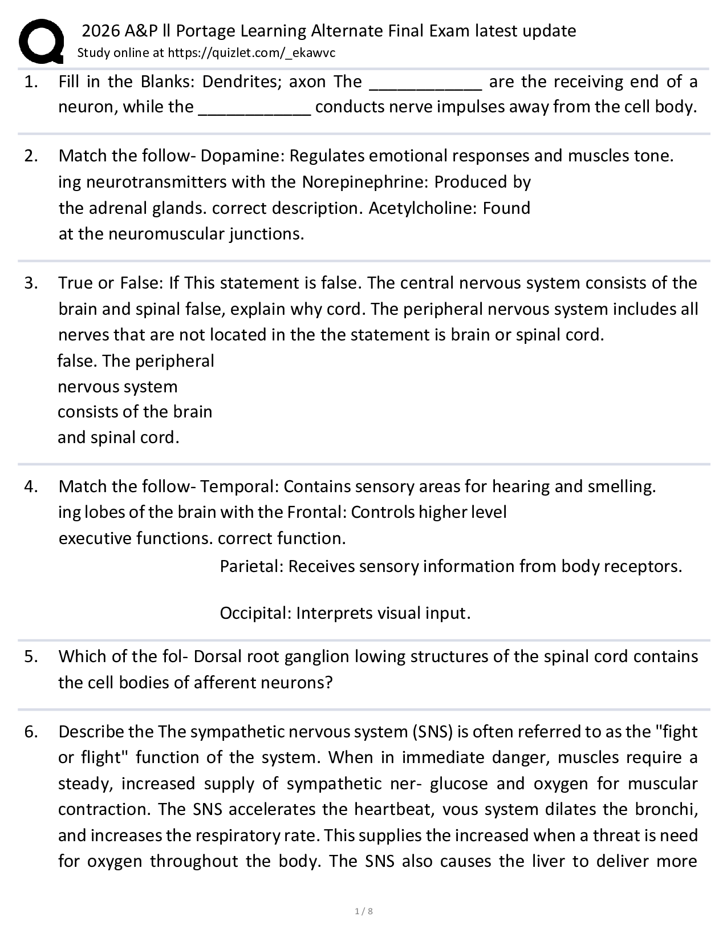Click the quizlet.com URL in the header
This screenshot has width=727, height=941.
tap(251, 53)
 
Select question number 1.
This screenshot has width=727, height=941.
tap(31, 82)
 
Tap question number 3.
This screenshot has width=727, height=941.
tap(31, 283)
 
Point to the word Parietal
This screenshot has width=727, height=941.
tap(251, 566)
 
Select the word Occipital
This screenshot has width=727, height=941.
tap(255, 613)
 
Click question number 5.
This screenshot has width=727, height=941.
tap(31, 656)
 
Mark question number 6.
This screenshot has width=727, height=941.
tap(31, 732)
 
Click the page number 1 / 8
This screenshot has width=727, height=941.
tap(363, 911)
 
